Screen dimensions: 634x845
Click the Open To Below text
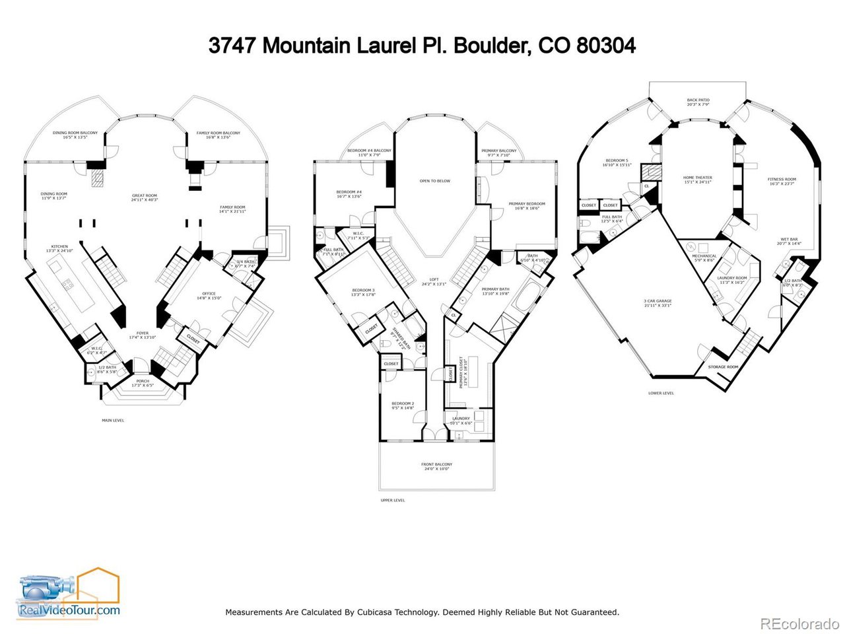tap(435, 181)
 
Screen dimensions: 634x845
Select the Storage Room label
tap(723, 367)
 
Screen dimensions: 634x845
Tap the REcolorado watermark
tap(799, 623)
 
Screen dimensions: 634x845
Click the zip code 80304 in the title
tap(606, 46)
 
